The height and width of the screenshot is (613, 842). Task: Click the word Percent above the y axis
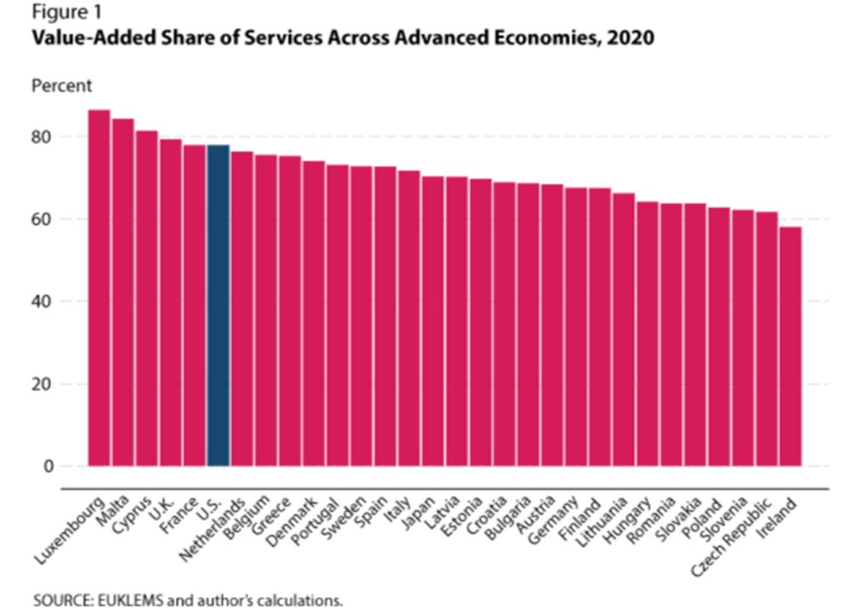[61, 86]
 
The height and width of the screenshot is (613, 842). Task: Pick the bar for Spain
[385, 315]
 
